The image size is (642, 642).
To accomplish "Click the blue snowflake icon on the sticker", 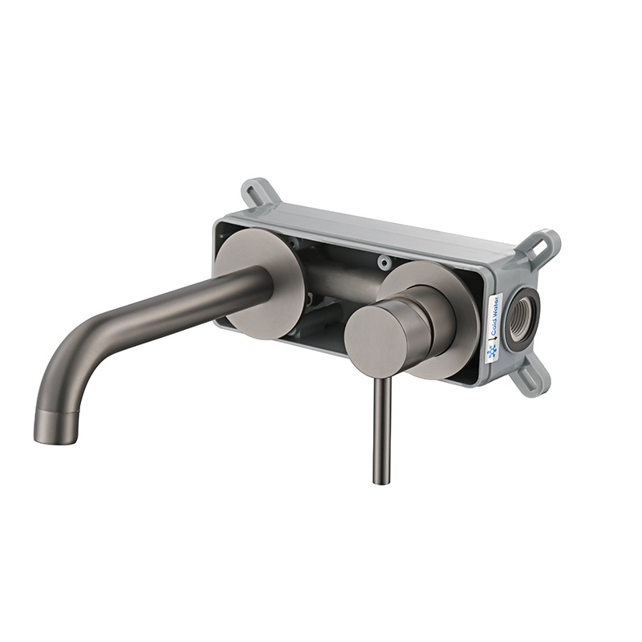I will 491,351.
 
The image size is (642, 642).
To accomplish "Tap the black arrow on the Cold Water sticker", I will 494,337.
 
